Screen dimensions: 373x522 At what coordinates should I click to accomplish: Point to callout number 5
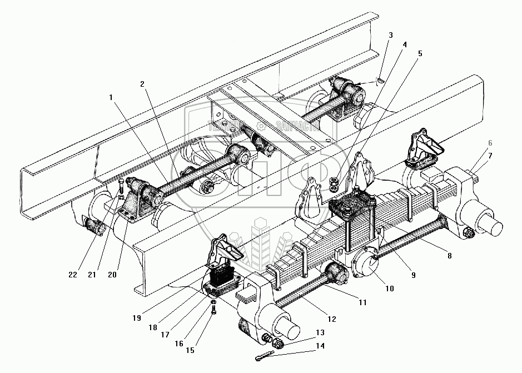click(x=420, y=54)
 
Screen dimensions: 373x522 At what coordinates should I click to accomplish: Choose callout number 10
click(x=389, y=289)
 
